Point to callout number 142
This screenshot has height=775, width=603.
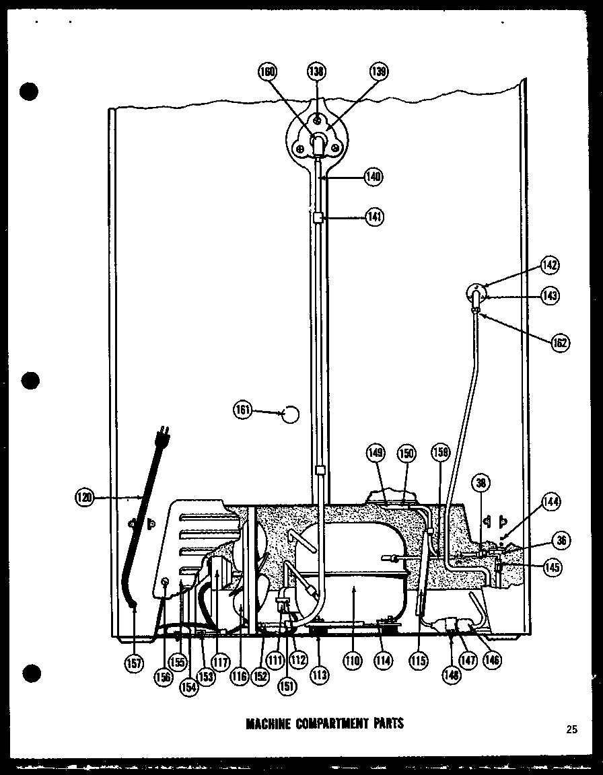(550, 265)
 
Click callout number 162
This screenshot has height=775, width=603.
(559, 342)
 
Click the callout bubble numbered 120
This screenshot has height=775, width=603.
(84, 498)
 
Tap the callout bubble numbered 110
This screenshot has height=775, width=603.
(352, 661)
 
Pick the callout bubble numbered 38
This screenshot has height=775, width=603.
(482, 482)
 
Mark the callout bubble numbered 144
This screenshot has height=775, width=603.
(551, 501)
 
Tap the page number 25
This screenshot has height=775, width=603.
(572, 729)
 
